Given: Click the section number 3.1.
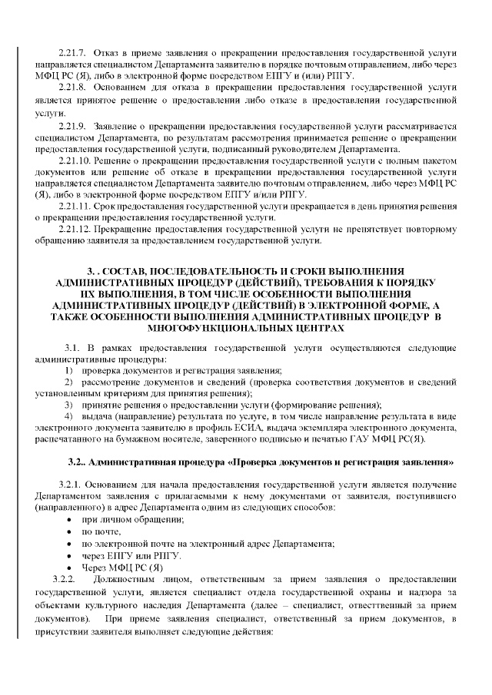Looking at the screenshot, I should (73, 348).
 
